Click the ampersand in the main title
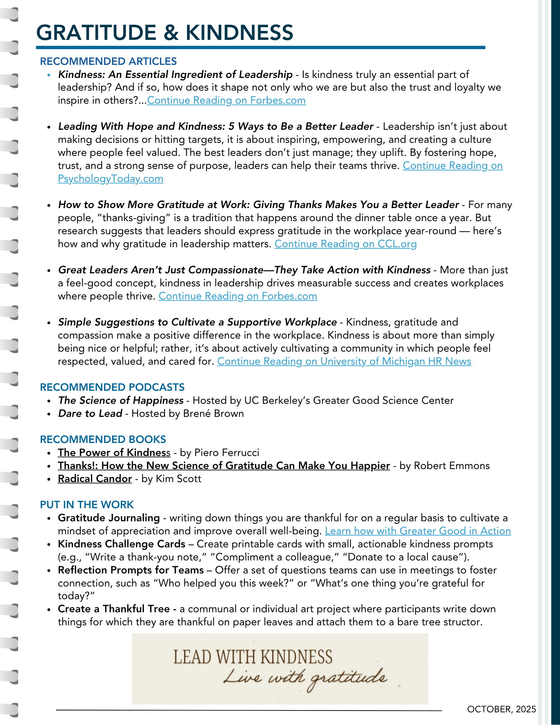(171, 33)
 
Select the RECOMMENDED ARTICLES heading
(108, 61)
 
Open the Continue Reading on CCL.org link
(345, 244)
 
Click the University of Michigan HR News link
(344, 361)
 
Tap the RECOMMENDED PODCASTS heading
(112, 387)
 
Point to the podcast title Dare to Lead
(90, 414)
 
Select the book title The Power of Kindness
(114, 453)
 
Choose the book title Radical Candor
(95, 479)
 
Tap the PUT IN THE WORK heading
(87, 505)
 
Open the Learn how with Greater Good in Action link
(418, 531)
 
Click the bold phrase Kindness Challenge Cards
(121, 544)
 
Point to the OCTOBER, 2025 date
(501, 709)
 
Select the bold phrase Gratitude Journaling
(109, 518)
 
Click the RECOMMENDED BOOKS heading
(103, 439)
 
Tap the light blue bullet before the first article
(49, 75)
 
